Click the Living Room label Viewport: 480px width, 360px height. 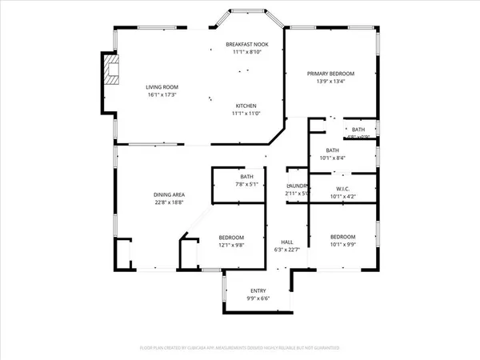coord(161,87)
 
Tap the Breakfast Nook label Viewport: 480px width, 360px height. coord(246,44)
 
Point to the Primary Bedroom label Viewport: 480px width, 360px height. coord(330,74)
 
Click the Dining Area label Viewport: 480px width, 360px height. coord(170,194)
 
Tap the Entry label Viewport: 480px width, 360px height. coord(258,291)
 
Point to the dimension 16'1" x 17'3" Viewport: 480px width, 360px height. coord(161,95)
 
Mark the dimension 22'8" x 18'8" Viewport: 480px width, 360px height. coord(170,202)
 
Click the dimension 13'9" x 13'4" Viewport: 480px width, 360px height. coord(330,81)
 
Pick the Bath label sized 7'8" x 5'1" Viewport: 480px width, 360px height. coord(247,177)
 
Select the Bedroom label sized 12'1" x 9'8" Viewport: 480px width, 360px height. coord(231,238)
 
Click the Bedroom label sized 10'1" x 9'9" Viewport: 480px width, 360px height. coord(342,237)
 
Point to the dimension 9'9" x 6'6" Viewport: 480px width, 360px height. coord(258,298)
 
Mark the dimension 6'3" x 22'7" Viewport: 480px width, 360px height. coord(286,250)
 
